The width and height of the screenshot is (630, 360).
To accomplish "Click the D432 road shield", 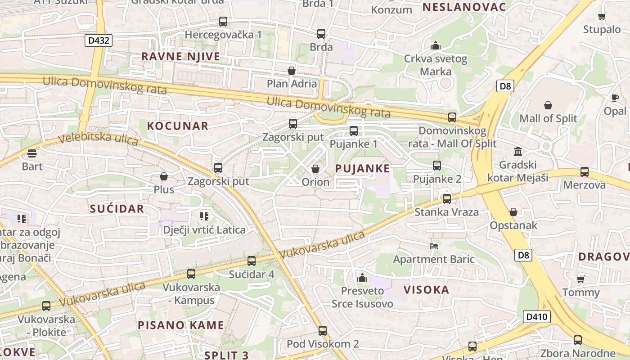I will point(99,40).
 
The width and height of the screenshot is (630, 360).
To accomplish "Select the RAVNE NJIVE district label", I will point(181,56).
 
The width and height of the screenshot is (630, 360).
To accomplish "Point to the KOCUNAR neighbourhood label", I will point(178,126).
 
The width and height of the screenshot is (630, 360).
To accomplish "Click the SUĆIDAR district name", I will point(117,208).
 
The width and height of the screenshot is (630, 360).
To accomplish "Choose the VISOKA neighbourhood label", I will point(426,289).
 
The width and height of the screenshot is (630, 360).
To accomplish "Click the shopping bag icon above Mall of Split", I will point(548,105).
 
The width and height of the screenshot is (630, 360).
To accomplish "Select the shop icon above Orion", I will point(315,169).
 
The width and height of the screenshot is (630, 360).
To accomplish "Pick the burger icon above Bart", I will point(32,153).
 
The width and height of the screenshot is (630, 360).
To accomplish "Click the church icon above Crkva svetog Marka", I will point(435,45).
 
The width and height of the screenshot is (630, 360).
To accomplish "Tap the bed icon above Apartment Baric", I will point(434,246).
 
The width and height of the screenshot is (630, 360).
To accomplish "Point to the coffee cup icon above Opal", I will point(615,98).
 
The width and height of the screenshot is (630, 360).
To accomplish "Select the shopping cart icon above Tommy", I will point(581,279).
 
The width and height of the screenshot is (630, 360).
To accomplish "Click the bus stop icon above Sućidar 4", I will point(252,261).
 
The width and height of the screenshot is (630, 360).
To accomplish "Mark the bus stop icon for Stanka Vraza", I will point(446,198).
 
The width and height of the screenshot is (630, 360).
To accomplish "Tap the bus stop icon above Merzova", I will point(584,171).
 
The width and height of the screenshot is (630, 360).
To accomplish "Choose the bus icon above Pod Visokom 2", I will point(323,331).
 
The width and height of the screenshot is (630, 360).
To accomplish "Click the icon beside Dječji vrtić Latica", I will point(204,216).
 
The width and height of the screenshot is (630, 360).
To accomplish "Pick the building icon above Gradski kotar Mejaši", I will point(517,151).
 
